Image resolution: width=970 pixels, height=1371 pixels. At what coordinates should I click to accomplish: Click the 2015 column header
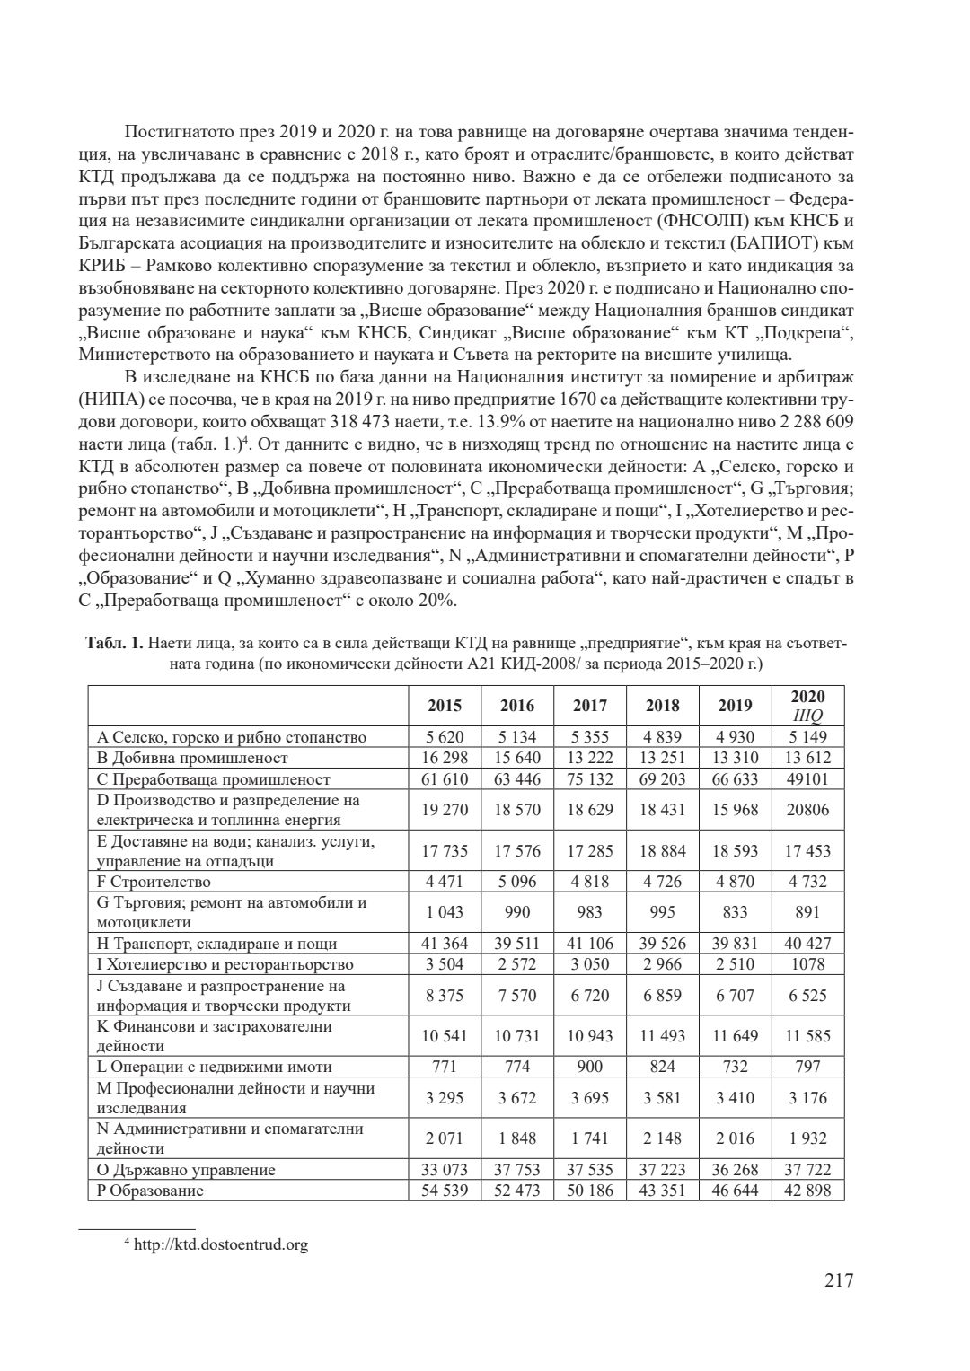pyautogui.click(x=445, y=706)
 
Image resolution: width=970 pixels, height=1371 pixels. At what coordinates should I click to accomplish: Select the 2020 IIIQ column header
pyautogui.click(x=807, y=706)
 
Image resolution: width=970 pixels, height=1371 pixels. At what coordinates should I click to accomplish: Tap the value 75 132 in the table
pyautogui.click(x=590, y=778)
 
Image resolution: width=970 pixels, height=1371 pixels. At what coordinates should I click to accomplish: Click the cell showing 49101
pyautogui.click(x=807, y=778)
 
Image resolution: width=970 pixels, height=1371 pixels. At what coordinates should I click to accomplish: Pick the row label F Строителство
pyautogui.click(x=154, y=882)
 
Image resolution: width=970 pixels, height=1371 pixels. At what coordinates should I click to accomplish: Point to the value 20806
pyautogui.click(x=807, y=810)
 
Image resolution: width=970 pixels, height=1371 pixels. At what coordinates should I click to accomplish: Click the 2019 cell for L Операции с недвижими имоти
pyautogui.click(x=735, y=1067)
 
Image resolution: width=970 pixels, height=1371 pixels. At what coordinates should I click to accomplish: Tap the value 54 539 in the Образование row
pyautogui.click(x=445, y=1191)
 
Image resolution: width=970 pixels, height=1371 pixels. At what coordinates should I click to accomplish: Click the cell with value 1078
pyautogui.click(x=807, y=964)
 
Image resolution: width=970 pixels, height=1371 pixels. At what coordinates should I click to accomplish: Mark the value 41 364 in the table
pyautogui.click(x=445, y=944)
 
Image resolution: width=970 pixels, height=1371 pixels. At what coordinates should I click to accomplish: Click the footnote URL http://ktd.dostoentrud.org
pyautogui.click(x=220, y=1245)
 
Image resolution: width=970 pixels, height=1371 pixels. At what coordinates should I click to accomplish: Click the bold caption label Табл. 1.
pyautogui.click(x=114, y=644)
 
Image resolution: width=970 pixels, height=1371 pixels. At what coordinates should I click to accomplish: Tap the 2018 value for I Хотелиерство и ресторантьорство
pyautogui.click(x=662, y=964)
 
